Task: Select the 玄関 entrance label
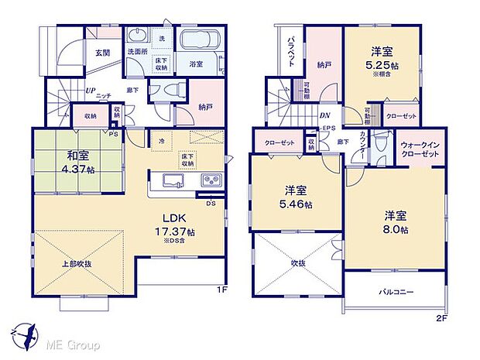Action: point(103,53)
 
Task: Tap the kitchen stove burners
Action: point(211,180)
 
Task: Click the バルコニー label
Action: point(396,293)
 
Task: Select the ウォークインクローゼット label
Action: point(420,149)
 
